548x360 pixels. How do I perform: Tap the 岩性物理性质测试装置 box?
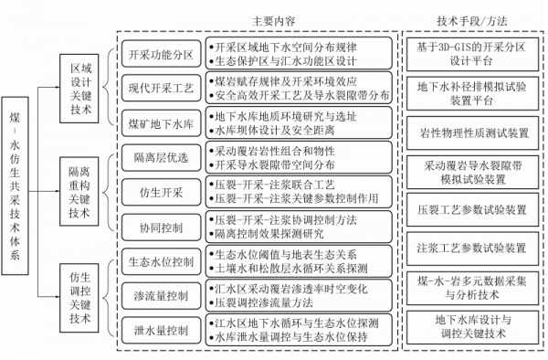(470, 131)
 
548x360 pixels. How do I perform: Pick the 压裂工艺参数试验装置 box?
(470, 208)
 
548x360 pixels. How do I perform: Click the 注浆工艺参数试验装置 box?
(470, 247)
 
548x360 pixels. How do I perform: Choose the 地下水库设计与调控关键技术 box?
(470, 327)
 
